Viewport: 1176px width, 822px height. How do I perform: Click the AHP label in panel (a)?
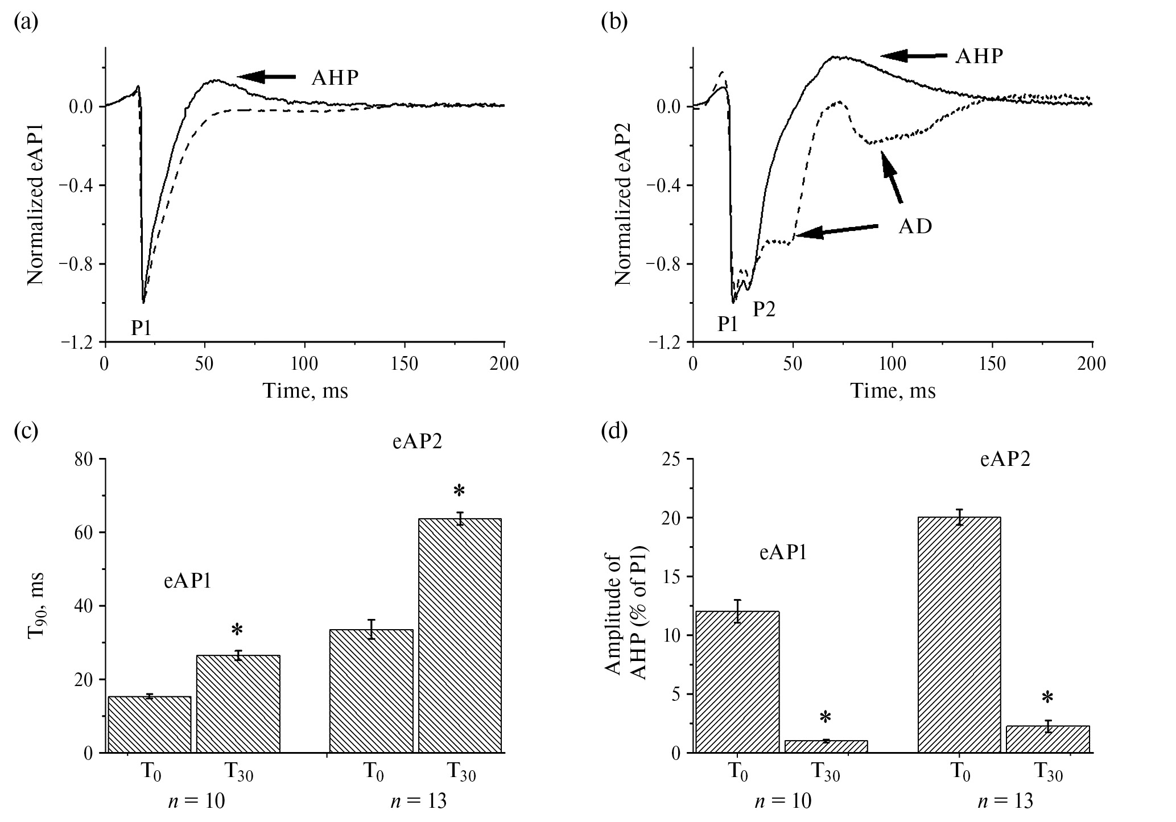click(335, 77)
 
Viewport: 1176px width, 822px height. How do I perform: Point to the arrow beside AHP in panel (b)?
click(914, 55)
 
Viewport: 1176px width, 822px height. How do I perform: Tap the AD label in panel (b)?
click(915, 226)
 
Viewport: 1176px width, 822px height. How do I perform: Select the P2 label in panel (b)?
click(764, 309)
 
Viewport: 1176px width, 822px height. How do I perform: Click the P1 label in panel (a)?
click(142, 328)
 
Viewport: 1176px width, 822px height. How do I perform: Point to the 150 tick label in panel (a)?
click(405, 364)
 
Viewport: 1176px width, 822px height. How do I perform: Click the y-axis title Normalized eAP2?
click(624, 196)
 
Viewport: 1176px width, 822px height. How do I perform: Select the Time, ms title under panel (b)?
click(893, 391)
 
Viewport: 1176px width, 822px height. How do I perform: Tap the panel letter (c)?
click(26, 431)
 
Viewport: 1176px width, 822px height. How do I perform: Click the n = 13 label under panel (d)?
click(1005, 801)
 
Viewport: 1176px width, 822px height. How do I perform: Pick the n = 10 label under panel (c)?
click(197, 801)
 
